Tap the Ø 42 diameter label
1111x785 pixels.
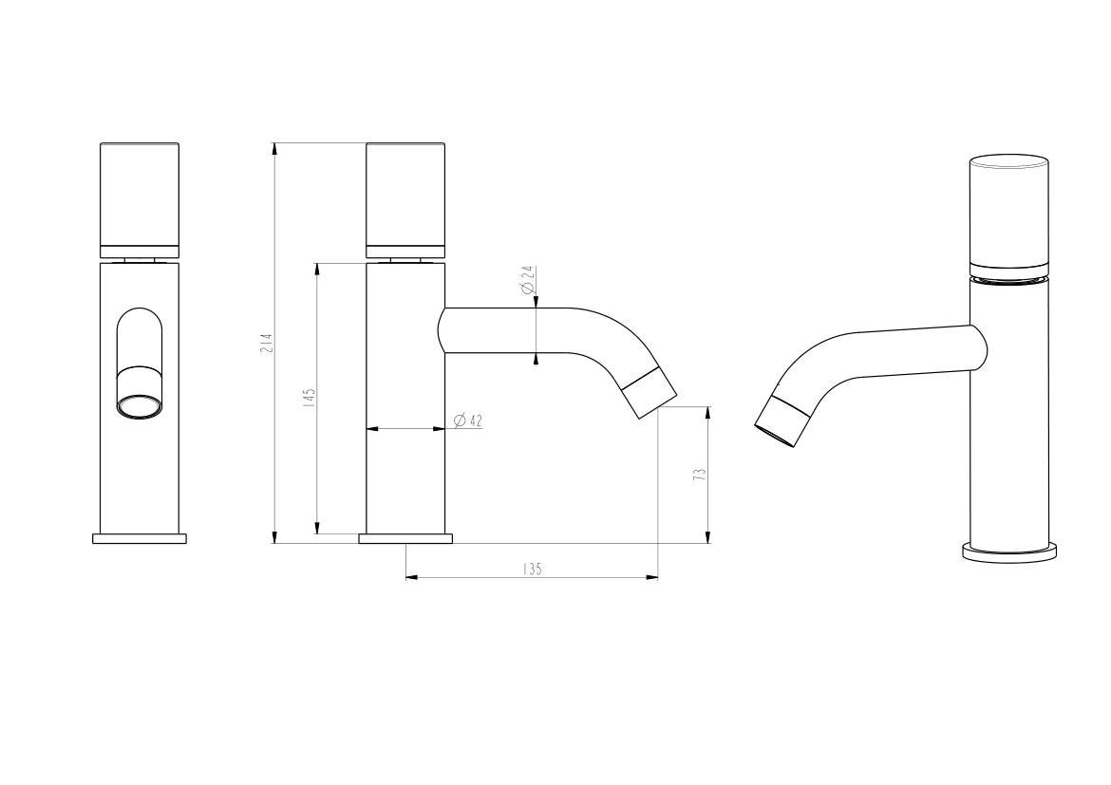point(467,421)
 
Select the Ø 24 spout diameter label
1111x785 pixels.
point(527,280)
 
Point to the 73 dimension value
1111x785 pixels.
point(701,475)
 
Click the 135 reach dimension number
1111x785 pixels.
point(532,569)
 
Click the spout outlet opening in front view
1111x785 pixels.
point(140,406)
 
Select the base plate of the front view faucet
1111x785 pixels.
point(140,538)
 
